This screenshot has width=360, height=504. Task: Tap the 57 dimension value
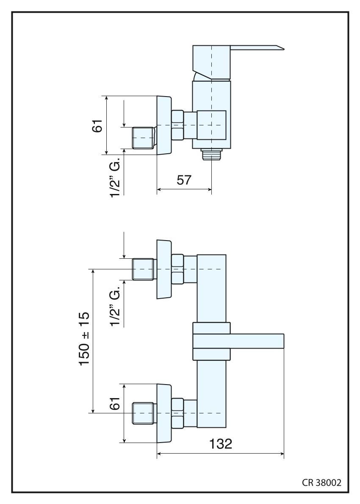[184, 180]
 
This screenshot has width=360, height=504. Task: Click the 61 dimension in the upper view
[98, 125]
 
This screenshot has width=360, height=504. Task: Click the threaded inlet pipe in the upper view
[143, 137]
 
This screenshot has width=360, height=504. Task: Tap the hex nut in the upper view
[177, 125]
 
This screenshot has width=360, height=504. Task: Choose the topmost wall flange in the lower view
[163, 269]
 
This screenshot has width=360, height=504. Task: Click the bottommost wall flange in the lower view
[163, 413]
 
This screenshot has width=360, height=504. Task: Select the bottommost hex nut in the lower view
[177, 413]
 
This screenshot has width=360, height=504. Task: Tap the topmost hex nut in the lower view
[177, 269]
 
